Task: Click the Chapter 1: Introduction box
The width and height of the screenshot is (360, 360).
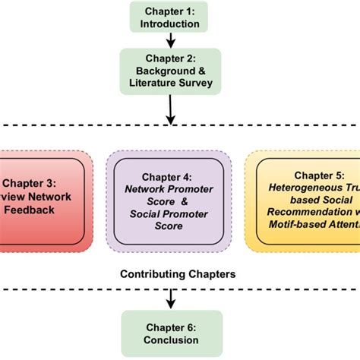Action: click(170, 17)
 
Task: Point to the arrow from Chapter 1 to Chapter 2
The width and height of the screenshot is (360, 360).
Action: click(170, 41)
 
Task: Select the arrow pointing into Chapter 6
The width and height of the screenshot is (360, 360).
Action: click(170, 298)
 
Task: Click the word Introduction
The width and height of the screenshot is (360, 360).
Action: click(170, 24)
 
